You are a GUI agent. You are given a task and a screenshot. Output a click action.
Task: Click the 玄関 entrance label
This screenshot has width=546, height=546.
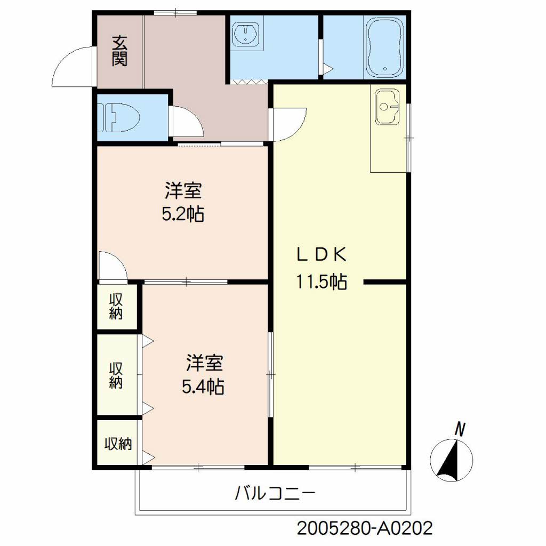(x=119, y=51)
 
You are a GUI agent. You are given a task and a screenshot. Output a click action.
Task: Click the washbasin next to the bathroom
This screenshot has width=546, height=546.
(x=247, y=35)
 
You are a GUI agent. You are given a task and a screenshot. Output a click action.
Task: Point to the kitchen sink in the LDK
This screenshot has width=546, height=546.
(x=387, y=106)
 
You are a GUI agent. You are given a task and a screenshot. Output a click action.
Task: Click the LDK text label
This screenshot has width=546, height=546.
(x=322, y=255)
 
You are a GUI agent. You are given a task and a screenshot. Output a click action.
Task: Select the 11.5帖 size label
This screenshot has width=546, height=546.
(x=322, y=281)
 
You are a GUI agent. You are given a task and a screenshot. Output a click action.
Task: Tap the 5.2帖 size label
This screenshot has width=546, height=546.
(x=183, y=214)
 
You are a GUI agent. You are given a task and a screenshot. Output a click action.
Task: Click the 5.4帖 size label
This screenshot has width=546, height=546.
(x=203, y=386)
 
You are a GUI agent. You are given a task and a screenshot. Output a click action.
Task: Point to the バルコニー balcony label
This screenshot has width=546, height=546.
(x=275, y=493)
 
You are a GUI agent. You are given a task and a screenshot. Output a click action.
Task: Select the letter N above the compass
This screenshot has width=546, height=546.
(x=460, y=428)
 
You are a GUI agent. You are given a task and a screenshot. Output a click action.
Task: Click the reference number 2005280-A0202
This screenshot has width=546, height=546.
(x=364, y=528)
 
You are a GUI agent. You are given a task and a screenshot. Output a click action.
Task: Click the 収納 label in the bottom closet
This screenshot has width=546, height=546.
(x=118, y=444)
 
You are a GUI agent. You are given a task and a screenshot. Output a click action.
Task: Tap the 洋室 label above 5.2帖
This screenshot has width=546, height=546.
(x=183, y=189)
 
